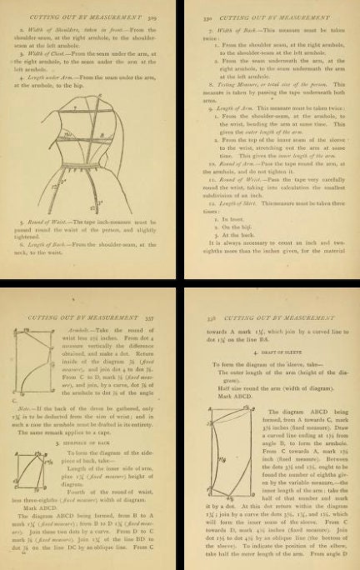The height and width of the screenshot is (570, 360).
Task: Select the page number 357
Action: point(158,295)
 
